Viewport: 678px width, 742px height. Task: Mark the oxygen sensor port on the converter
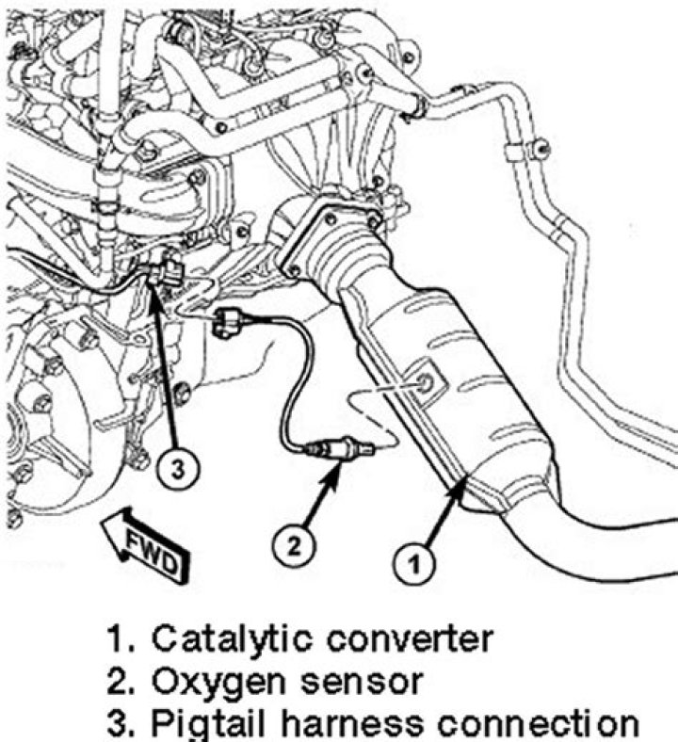pyautogui.click(x=424, y=381)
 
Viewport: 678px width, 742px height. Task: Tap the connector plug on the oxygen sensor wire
pyautogui.click(x=228, y=321)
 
